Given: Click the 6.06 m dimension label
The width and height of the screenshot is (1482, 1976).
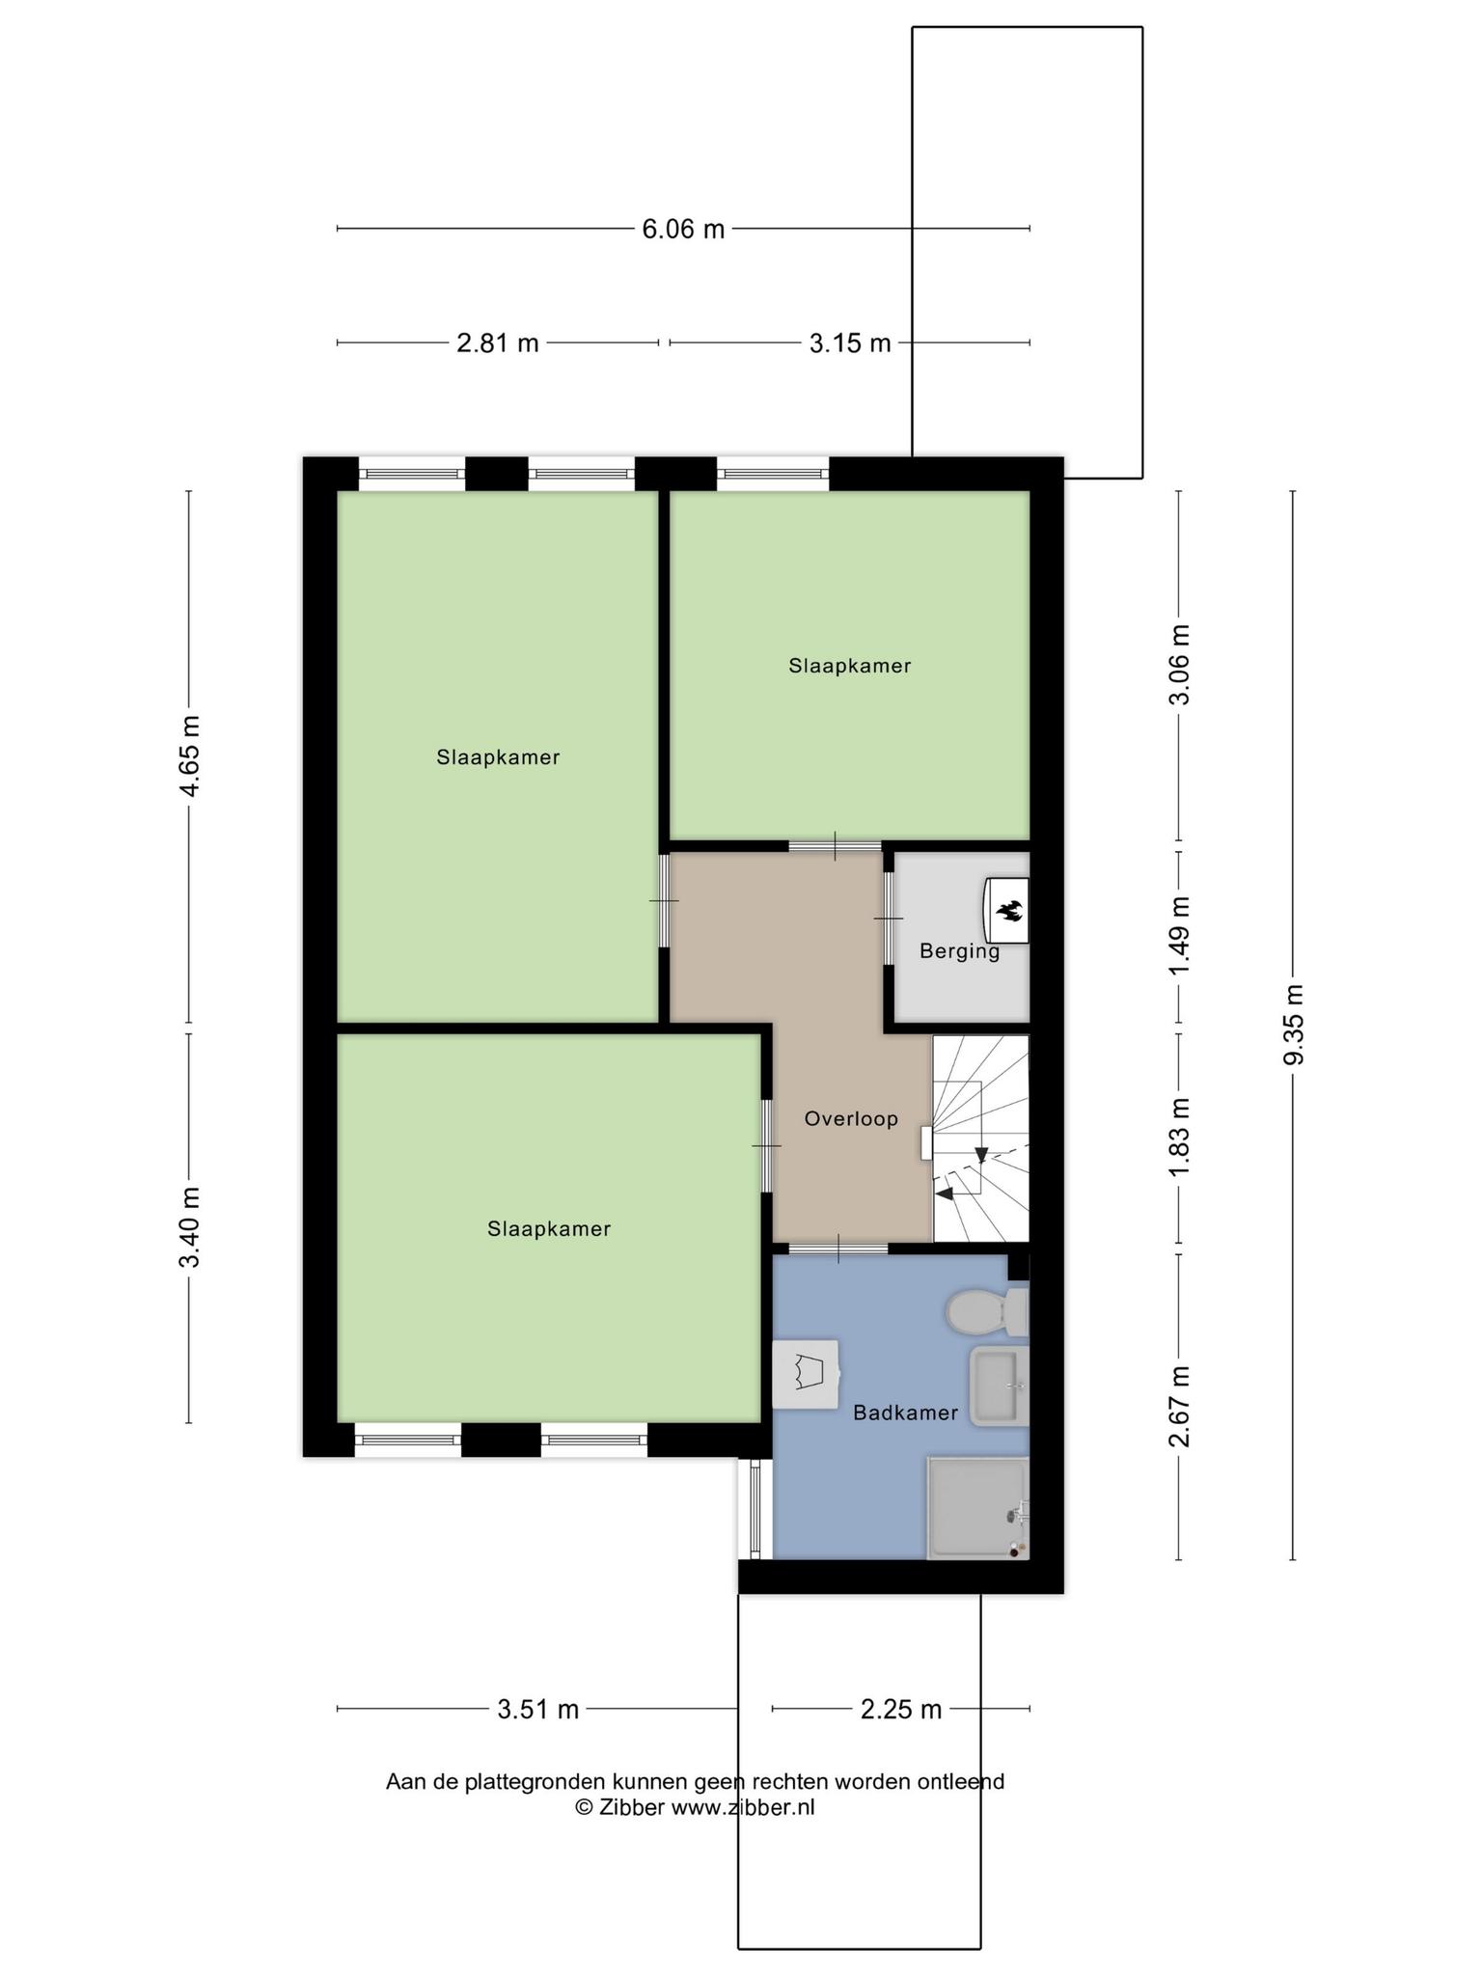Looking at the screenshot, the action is pyautogui.click(x=683, y=230).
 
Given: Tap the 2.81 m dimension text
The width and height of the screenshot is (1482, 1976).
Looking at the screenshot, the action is pyautogui.click(x=497, y=343).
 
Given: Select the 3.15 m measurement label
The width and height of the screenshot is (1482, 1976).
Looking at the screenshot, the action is pyautogui.click(x=850, y=343).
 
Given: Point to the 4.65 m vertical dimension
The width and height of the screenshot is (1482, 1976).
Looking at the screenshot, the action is pyautogui.click(x=190, y=756).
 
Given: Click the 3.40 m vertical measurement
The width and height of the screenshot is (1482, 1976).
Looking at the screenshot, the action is pyautogui.click(x=190, y=1227).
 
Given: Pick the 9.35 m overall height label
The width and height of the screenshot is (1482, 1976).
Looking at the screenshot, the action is pyautogui.click(x=1294, y=1025).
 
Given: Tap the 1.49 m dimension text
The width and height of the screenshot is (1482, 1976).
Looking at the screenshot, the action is pyautogui.click(x=1179, y=936).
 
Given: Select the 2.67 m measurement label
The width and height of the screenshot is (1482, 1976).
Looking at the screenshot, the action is pyautogui.click(x=1179, y=1407).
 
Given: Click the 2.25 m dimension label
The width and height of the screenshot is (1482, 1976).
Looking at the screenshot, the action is pyautogui.click(x=901, y=1710).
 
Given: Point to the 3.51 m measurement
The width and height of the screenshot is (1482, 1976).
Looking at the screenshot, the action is pyautogui.click(x=538, y=1710).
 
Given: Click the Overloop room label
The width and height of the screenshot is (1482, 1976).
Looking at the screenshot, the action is pyautogui.click(x=851, y=1118).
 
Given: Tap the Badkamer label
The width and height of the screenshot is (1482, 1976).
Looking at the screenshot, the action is pyautogui.click(x=905, y=1413).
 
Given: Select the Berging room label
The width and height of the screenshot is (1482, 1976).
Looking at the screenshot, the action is pyautogui.click(x=959, y=951).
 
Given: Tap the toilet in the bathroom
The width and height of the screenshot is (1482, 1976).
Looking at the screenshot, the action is pyautogui.click(x=987, y=1311).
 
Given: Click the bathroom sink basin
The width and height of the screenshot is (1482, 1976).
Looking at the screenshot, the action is pyautogui.click(x=999, y=1386).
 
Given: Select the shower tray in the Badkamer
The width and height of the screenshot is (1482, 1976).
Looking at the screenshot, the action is pyautogui.click(x=977, y=1508).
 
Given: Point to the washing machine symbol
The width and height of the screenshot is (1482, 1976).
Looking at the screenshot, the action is pyautogui.click(x=806, y=1374).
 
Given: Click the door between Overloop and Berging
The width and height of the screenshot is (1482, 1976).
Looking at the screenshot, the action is pyautogui.click(x=889, y=919).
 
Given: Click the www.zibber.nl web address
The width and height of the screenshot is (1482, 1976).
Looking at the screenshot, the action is pyautogui.click(x=742, y=1807).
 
